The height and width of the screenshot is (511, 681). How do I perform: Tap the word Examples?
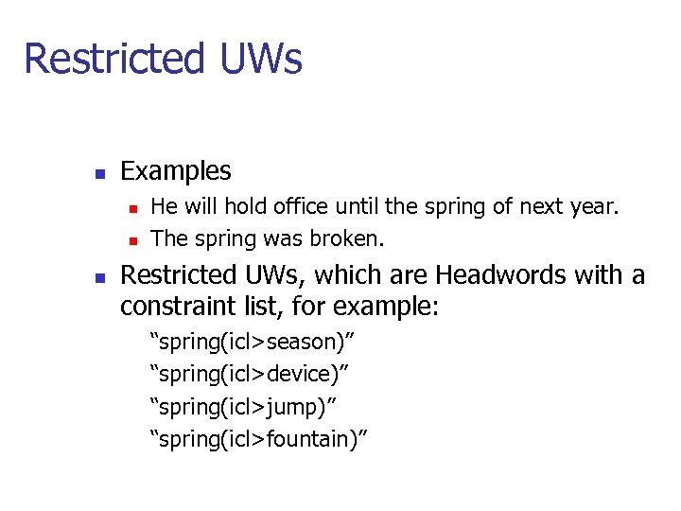click(176, 171)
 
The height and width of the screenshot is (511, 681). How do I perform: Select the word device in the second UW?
click(301, 374)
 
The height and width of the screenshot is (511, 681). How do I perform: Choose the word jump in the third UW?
click(294, 407)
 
